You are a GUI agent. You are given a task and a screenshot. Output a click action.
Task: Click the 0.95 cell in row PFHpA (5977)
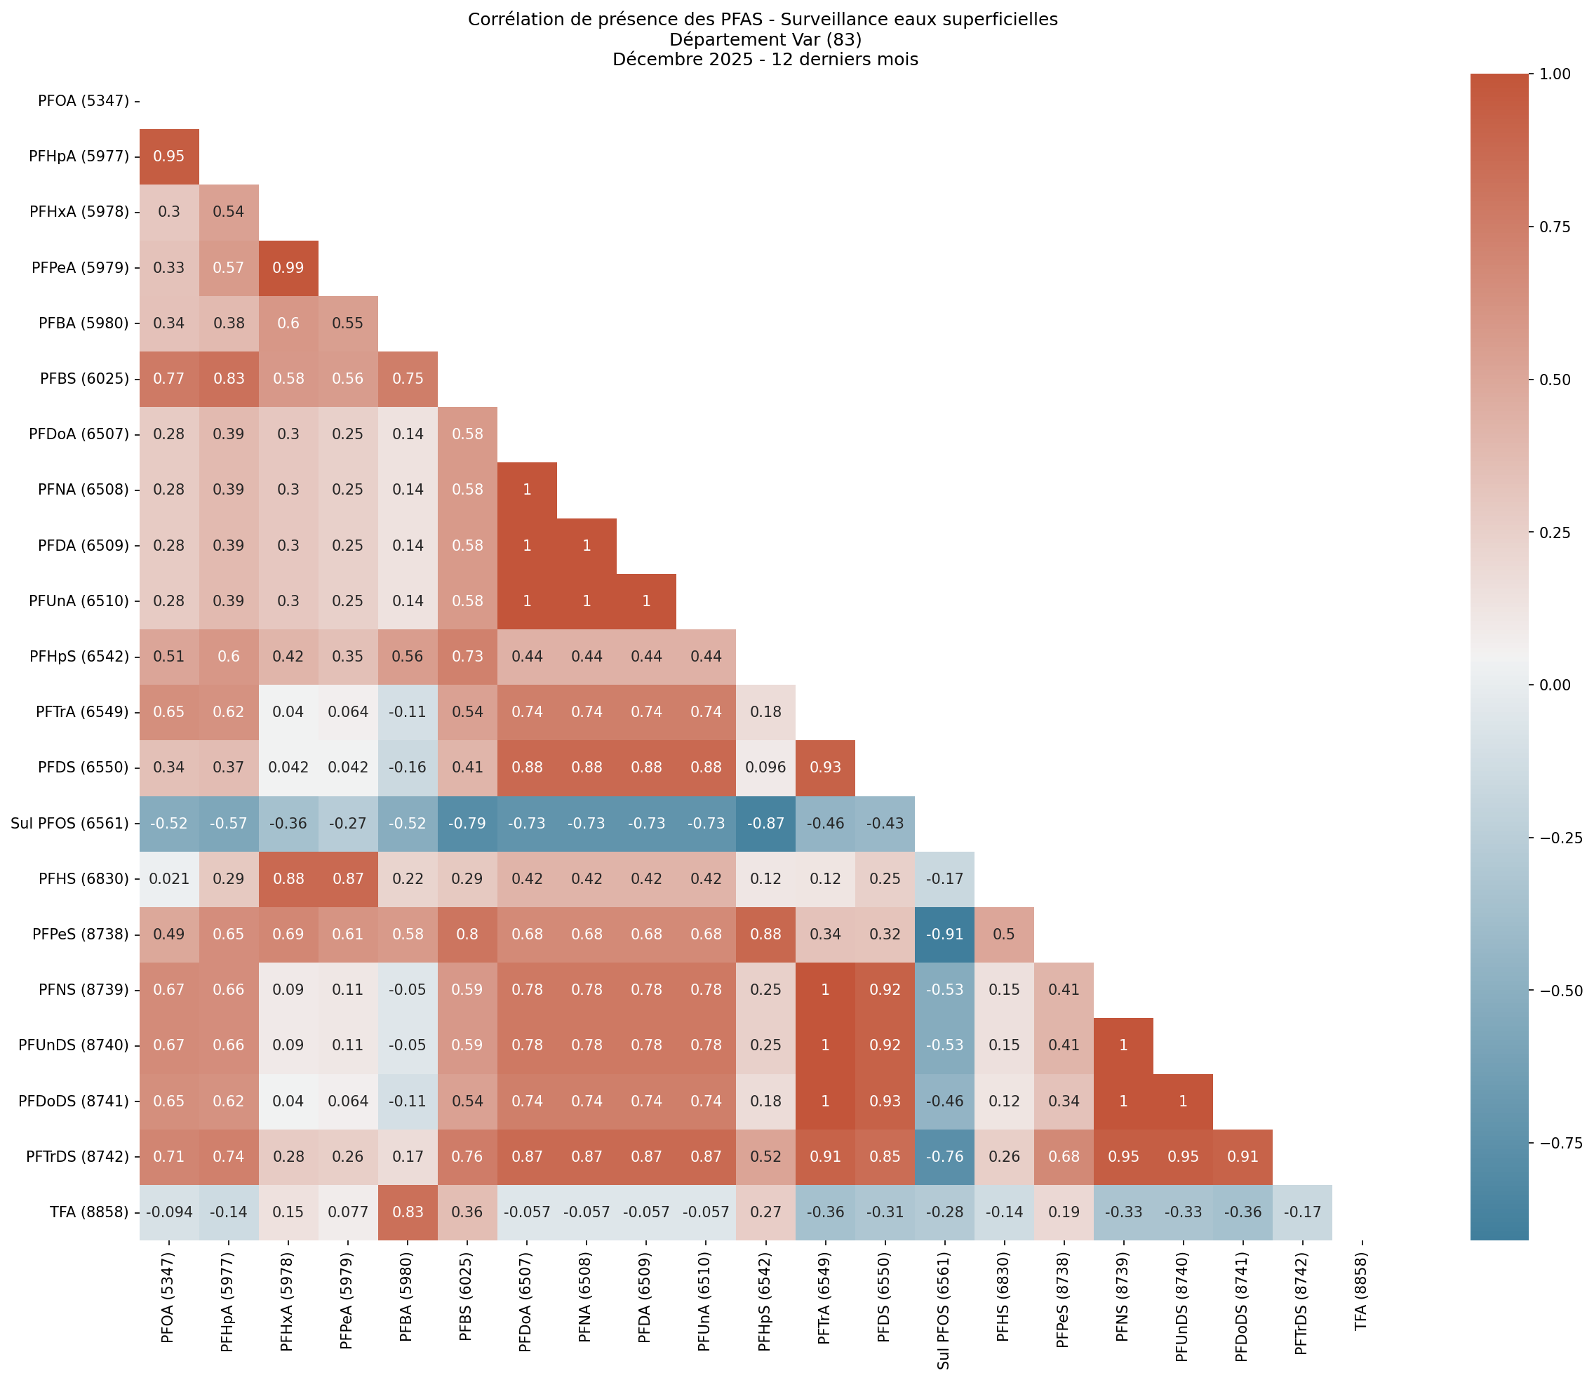pyautogui.click(x=168, y=156)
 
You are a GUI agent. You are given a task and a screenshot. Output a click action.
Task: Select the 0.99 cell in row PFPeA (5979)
pyautogui.click(x=288, y=268)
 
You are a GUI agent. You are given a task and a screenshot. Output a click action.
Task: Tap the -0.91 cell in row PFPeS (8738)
pyautogui.click(x=945, y=934)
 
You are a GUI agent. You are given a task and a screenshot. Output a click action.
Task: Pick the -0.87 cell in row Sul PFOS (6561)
pyautogui.click(x=765, y=823)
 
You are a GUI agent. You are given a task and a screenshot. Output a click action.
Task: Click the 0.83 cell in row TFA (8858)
pyautogui.click(x=408, y=1212)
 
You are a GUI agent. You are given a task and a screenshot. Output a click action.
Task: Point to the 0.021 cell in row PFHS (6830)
pyautogui.click(x=168, y=878)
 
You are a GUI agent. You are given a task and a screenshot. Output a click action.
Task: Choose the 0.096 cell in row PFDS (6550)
pyautogui.click(x=765, y=768)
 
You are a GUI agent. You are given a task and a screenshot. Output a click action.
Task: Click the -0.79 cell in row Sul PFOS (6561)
pyautogui.click(x=467, y=823)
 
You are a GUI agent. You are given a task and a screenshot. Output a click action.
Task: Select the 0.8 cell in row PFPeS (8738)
pyautogui.click(x=467, y=934)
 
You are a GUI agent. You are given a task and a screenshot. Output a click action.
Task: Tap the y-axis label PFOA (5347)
pyautogui.click(x=83, y=101)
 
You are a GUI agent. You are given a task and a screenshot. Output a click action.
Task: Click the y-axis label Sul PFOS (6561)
pyautogui.click(x=69, y=823)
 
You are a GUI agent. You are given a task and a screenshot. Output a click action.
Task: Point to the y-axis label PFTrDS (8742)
pyautogui.click(x=79, y=1157)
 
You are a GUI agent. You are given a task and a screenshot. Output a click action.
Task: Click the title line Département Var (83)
pyautogui.click(x=765, y=39)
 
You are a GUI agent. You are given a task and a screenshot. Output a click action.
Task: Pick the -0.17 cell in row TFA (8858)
pyautogui.click(x=1301, y=1212)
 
